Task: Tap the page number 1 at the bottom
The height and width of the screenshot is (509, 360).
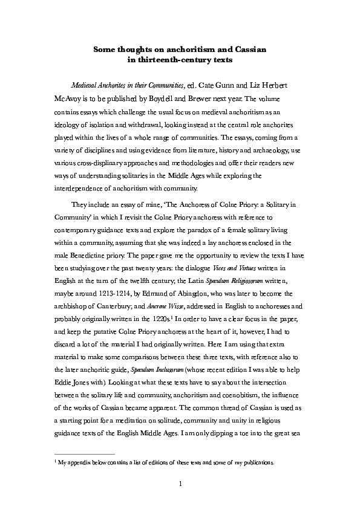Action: click(180, 484)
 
